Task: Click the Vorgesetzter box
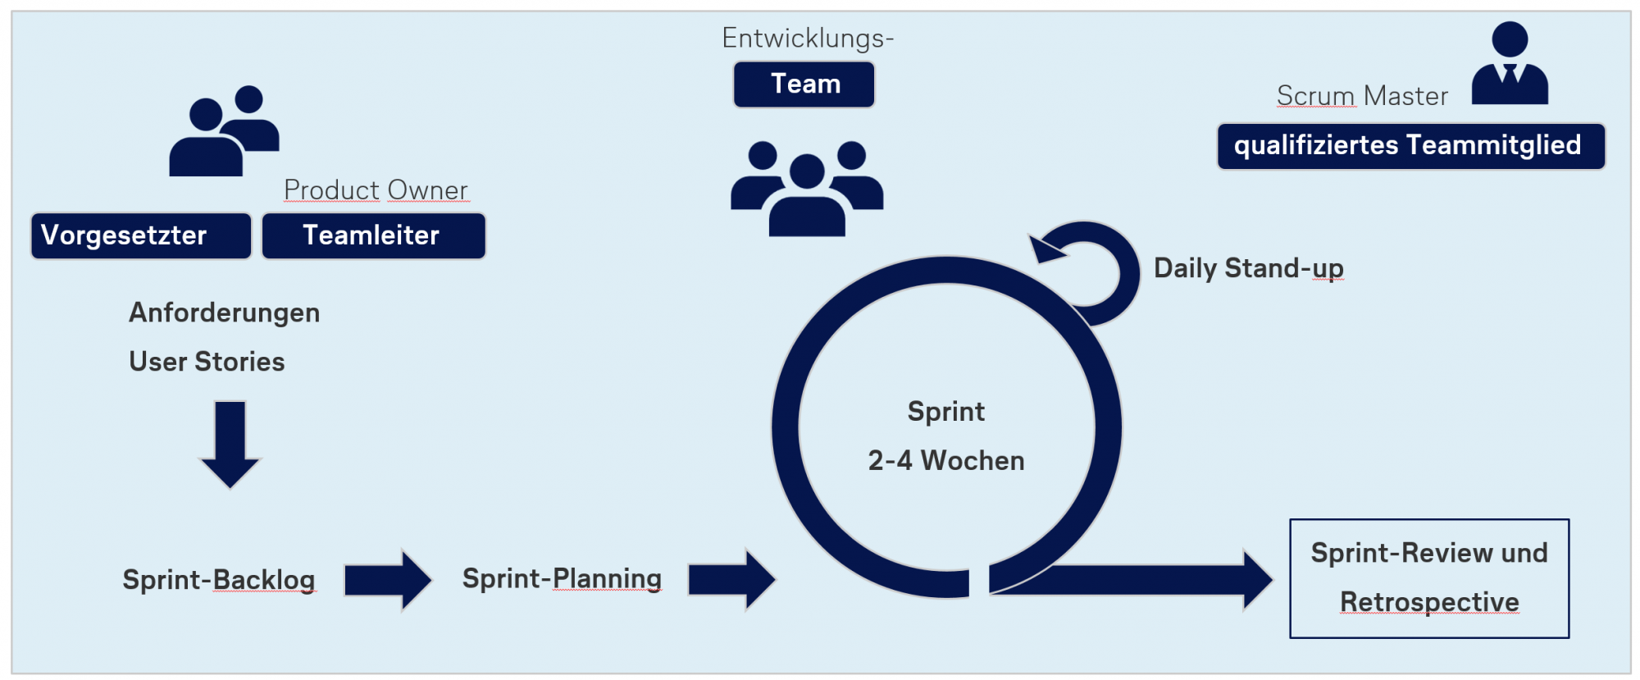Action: pyautogui.click(x=141, y=236)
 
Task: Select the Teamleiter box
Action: pyautogui.click(x=373, y=236)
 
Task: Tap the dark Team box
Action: pyautogui.click(x=804, y=84)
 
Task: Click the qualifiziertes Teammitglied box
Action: pyautogui.click(x=1410, y=146)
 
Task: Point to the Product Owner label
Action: pyautogui.click(x=376, y=190)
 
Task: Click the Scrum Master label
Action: pyautogui.click(x=1362, y=96)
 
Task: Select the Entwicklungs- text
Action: pyautogui.click(x=808, y=39)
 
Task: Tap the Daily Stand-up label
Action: pyautogui.click(x=1248, y=268)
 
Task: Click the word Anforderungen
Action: pyautogui.click(x=224, y=313)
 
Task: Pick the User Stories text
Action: pyautogui.click(x=207, y=362)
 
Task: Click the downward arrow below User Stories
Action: pyautogui.click(x=230, y=443)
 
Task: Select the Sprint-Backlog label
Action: pyautogui.click(x=219, y=580)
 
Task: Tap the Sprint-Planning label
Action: pyautogui.click(x=562, y=578)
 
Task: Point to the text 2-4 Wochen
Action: pyautogui.click(x=946, y=461)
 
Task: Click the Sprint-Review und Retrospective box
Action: pyautogui.click(x=1429, y=578)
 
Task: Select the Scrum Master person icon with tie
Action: pyautogui.click(x=1510, y=64)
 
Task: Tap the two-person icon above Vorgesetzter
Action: pyautogui.click(x=223, y=131)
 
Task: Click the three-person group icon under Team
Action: pyautogui.click(x=807, y=189)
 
